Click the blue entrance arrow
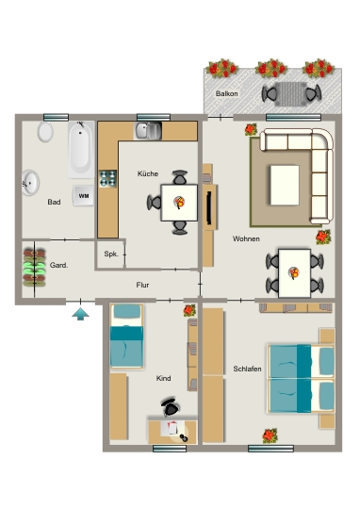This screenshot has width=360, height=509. pyautogui.click(x=80, y=314)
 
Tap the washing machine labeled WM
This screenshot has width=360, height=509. pyautogui.click(x=84, y=196)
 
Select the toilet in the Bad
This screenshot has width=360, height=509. pyautogui.click(x=45, y=132)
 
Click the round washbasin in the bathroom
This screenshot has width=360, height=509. pyautogui.click(x=30, y=183)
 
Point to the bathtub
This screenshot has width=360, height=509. pyautogui.click(x=81, y=150)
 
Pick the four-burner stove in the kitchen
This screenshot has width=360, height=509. pyautogui.click(x=107, y=178)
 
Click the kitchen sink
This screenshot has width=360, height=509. pyautogui.click(x=148, y=131)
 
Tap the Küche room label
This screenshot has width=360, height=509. pyautogui.click(x=148, y=173)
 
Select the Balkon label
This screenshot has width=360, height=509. pyautogui.click(x=227, y=93)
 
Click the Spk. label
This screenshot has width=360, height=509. pyautogui.click(x=111, y=254)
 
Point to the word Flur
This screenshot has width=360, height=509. pyautogui.click(x=142, y=285)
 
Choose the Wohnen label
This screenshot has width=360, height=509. pyautogui.click(x=246, y=238)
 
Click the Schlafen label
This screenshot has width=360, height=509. pyautogui.click(x=247, y=369)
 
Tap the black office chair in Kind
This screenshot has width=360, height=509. pyautogui.click(x=170, y=407)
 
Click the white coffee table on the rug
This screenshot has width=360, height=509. pyautogui.click(x=285, y=185)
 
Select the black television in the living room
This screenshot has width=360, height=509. pyautogui.click(x=209, y=207)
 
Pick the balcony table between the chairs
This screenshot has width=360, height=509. pyautogui.click(x=290, y=94)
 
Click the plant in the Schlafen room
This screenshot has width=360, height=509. pyautogui.click(x=270, y=435)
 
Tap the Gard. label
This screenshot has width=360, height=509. pyautogui.click(x=59, y=265)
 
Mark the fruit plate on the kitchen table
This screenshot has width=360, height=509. pyautogui.click(x=179, y=203)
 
